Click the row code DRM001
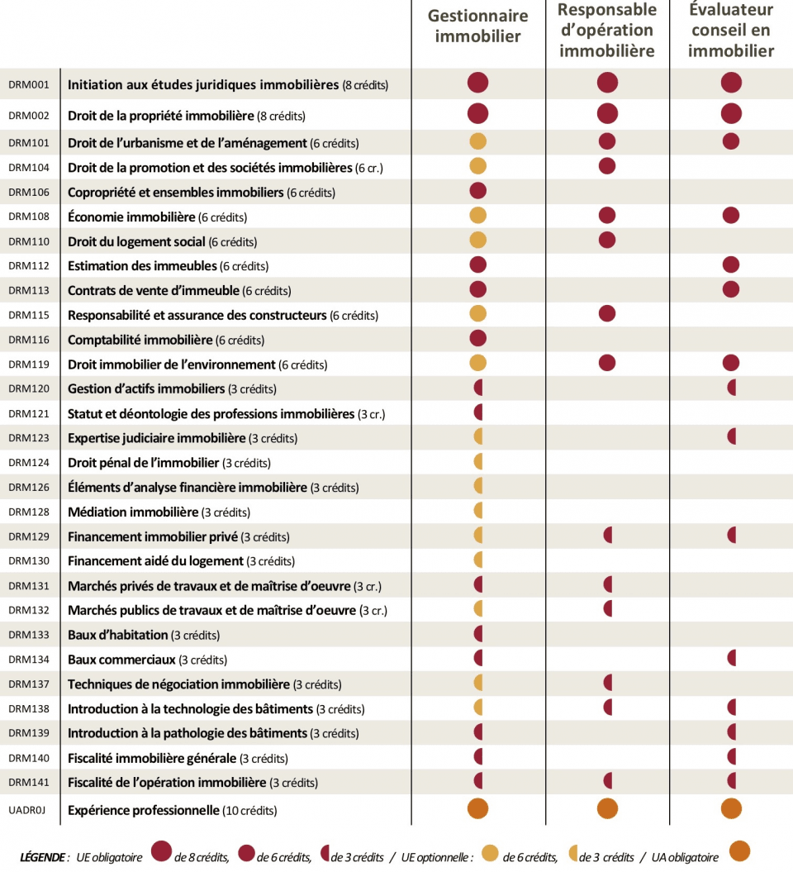pos(29,84)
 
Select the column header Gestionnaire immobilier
pos(478,26)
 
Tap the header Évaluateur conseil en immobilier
pos(731,30)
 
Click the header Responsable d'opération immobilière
pos(607,30)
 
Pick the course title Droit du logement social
pos(136,241)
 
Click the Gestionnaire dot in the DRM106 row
pos(478,191)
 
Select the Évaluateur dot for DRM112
pos(731,264)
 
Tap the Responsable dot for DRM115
pos(607,313)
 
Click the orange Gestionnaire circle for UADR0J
pos(478,808)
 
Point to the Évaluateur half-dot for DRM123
pos(732,436)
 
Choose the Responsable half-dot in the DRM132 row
pos(608,608)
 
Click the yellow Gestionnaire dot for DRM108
pos(478,215)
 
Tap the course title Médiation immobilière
pos(133,512)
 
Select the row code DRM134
pos(29,660)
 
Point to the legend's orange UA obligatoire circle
pos(739,851)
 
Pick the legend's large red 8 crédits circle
pos(161,851)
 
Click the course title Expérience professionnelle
pos(144,810)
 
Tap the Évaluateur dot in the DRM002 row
pos(731,113)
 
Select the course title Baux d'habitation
pos(118,635)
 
